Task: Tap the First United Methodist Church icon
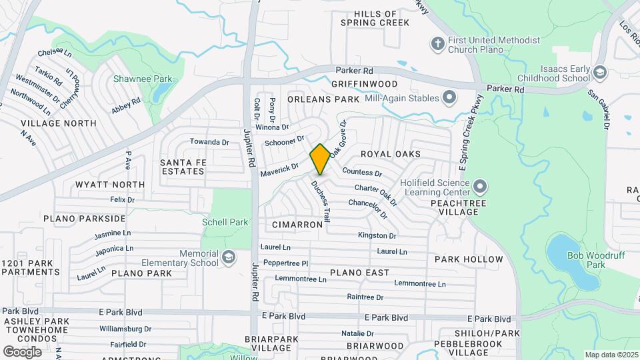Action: pos(437,44)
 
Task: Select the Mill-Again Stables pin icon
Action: pos(449,98)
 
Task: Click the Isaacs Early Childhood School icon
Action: pos(599,71)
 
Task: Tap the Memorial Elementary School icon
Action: pos(228,257)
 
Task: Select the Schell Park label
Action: pos(225,222)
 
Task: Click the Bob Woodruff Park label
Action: pos(586,260)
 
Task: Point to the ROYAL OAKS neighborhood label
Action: pos(391,154)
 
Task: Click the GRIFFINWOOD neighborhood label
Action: pos(364,85)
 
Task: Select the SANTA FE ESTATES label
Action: pos(182,167)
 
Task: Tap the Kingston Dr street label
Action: pos(377,235)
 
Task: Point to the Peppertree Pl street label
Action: pos(285,263)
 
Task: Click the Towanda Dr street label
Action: pos(209,142)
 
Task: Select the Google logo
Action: pos(22,351)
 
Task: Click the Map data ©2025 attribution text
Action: pos(611,355)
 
